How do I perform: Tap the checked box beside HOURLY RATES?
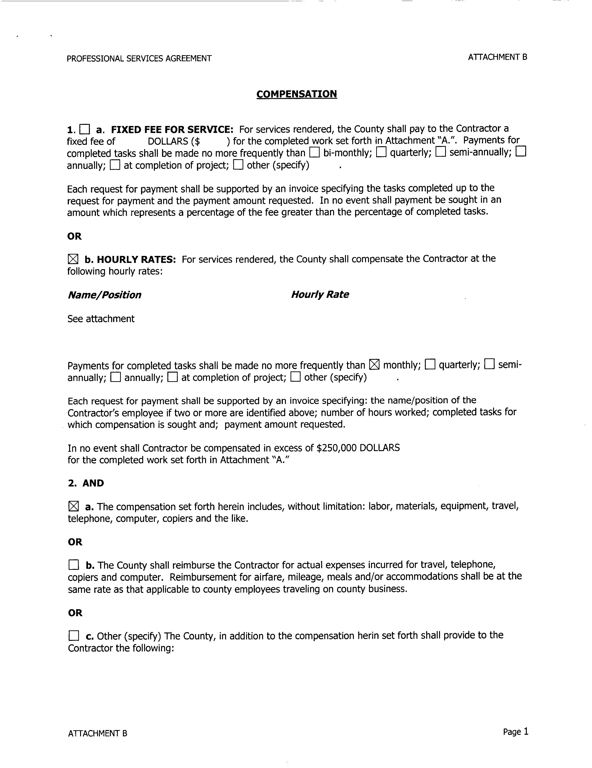72,259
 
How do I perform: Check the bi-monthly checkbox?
314,152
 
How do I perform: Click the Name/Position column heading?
104,295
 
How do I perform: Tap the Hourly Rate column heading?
320,294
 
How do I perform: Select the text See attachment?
101,319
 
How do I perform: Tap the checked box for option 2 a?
73,506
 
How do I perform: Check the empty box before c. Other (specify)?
74,636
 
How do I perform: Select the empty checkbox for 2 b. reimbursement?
74,565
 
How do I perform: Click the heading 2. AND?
86,483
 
